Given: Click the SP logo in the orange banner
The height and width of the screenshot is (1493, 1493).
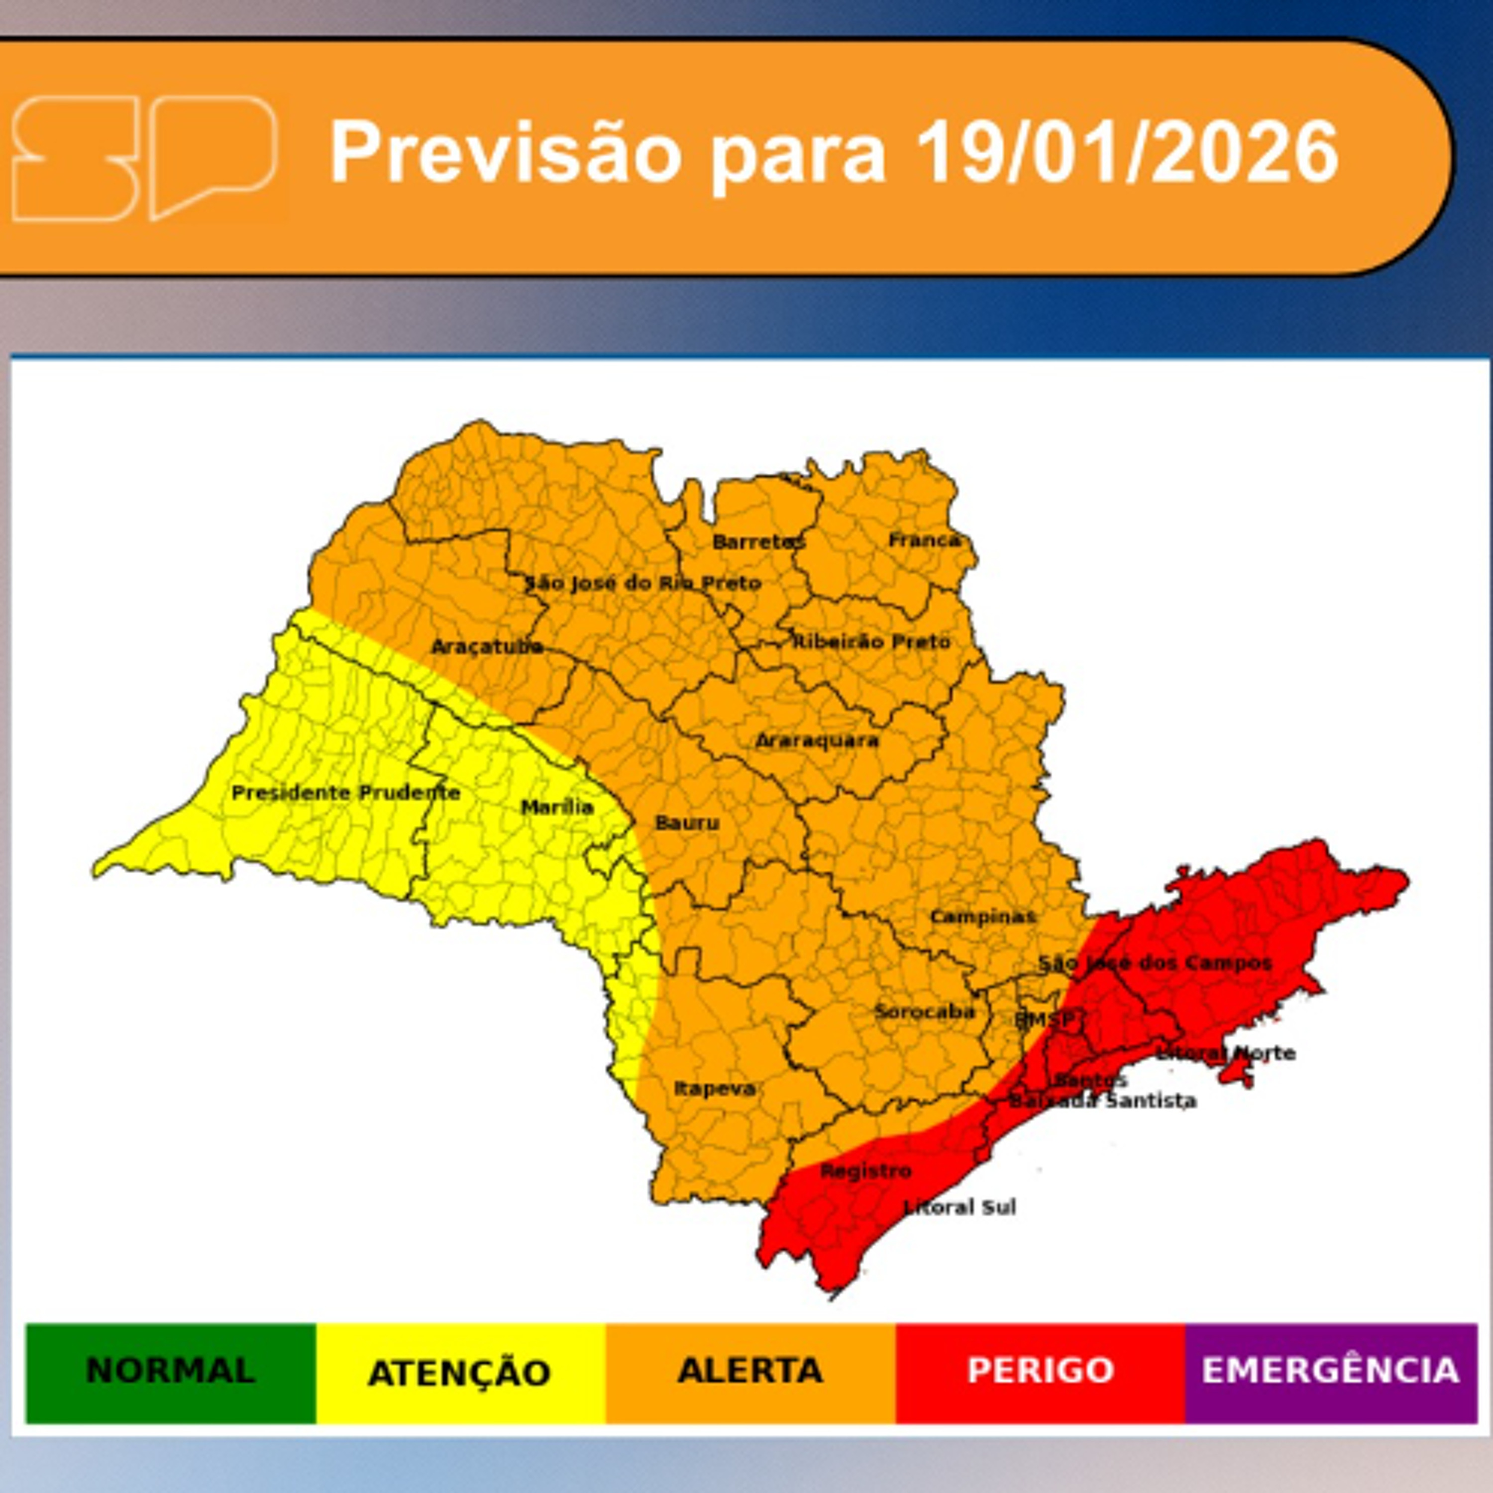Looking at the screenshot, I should (144, 158).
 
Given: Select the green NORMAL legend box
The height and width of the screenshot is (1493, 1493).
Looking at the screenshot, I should (171, 1372).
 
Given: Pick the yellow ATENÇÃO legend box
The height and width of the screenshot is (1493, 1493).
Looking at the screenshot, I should (460, 1372).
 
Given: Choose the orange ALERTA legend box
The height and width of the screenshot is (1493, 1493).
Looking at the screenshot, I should (750, 1372).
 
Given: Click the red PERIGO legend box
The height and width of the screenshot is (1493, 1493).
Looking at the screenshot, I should (1040, 1372).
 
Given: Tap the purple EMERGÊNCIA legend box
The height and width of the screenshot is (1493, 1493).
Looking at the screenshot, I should (1330, 1372).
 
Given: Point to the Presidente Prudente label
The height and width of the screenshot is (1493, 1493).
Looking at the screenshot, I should (345, 793).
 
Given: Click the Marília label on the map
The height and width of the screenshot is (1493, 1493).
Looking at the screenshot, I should (557, 808).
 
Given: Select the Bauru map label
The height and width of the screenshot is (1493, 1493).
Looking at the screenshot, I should (687, 823).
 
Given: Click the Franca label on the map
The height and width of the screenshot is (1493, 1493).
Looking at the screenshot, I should (924, 540).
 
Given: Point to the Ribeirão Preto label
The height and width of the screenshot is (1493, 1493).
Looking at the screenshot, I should (872, 641).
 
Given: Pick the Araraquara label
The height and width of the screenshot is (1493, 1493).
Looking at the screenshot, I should (817, 741).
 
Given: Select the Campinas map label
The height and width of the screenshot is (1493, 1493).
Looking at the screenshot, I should (982, 917).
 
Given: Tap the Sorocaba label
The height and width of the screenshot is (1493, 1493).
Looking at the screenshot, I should (924, 1012).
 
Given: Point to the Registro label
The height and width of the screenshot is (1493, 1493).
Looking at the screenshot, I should (865, 1172).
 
